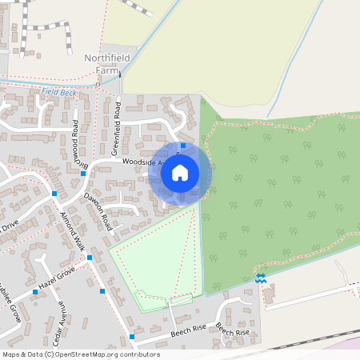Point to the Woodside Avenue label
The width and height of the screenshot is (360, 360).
(x=144, y=161)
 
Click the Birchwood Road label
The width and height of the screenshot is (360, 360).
(x=77, y=145)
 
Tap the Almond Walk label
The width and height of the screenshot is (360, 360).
(x=74, y=231)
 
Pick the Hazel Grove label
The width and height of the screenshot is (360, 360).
(x=54, y=281)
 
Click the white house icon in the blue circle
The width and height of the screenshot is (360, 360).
(x=180, y=171)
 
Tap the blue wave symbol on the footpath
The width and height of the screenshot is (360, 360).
(x=260, y=278)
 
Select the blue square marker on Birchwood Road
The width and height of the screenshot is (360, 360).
(x=83, y=173)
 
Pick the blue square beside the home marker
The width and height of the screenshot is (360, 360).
(x=183, y=146)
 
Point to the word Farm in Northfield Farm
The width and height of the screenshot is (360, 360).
(x=106, y=70)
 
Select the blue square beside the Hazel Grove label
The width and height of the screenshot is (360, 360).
(x=35, y=292)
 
